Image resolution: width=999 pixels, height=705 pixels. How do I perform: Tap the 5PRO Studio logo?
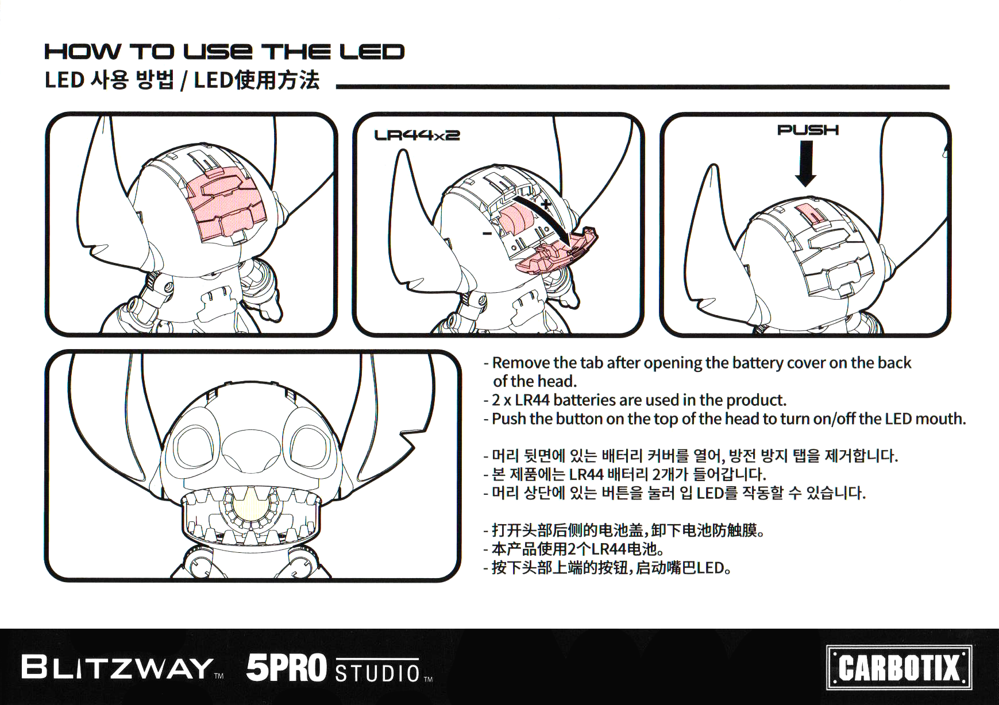(340, 668)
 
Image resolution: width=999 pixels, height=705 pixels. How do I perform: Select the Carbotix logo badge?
(899, 668)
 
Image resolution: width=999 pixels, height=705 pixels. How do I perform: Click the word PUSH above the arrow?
(808, 130)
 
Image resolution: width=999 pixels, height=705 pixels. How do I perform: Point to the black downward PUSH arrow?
(806, 164)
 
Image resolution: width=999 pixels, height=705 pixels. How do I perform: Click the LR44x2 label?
(417, 135)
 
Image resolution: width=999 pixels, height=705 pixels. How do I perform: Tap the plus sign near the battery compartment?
(546, 204)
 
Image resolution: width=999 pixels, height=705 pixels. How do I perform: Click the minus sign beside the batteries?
(487, 233)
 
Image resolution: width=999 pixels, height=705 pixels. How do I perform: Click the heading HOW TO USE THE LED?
(225, 52)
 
